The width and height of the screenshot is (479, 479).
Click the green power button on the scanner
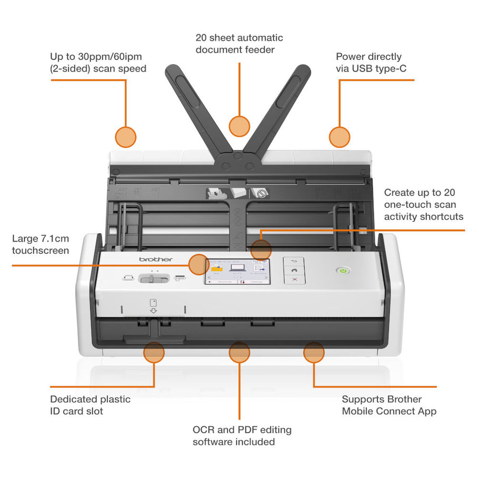point(343,271)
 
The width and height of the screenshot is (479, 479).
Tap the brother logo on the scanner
point(156,260)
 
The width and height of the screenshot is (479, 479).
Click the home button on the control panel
point(295,270)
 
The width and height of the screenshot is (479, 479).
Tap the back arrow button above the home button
point(295,261)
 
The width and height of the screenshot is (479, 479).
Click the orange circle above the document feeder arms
point(239,126)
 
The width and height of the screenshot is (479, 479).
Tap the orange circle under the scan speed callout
point(126,136)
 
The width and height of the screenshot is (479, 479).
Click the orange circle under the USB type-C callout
point(340,136)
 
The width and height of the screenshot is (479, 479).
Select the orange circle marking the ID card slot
point(154,352)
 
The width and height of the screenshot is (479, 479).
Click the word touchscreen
point(41,251)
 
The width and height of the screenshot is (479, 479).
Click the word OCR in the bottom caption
point(204,430)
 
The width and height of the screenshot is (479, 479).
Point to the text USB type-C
point(378,68)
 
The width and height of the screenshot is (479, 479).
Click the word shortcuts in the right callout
point(441,216)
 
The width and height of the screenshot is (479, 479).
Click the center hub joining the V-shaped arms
point(238,155)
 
